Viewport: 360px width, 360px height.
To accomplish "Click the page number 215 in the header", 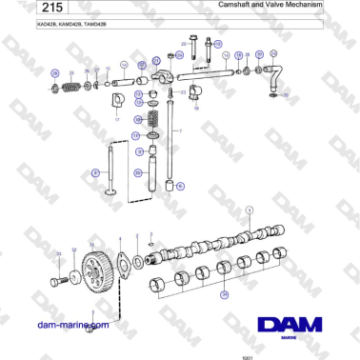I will (x=23, y=8).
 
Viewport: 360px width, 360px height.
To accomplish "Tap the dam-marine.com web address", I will (x=71, y=326).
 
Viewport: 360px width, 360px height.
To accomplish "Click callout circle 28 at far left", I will (x=54, y=73).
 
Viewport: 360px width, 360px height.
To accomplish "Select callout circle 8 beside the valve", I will (x=95, y=172).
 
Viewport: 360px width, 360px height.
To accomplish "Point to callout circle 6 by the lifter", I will (x=180, y=186).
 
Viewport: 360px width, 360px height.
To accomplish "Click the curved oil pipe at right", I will (x=274, y=74).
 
